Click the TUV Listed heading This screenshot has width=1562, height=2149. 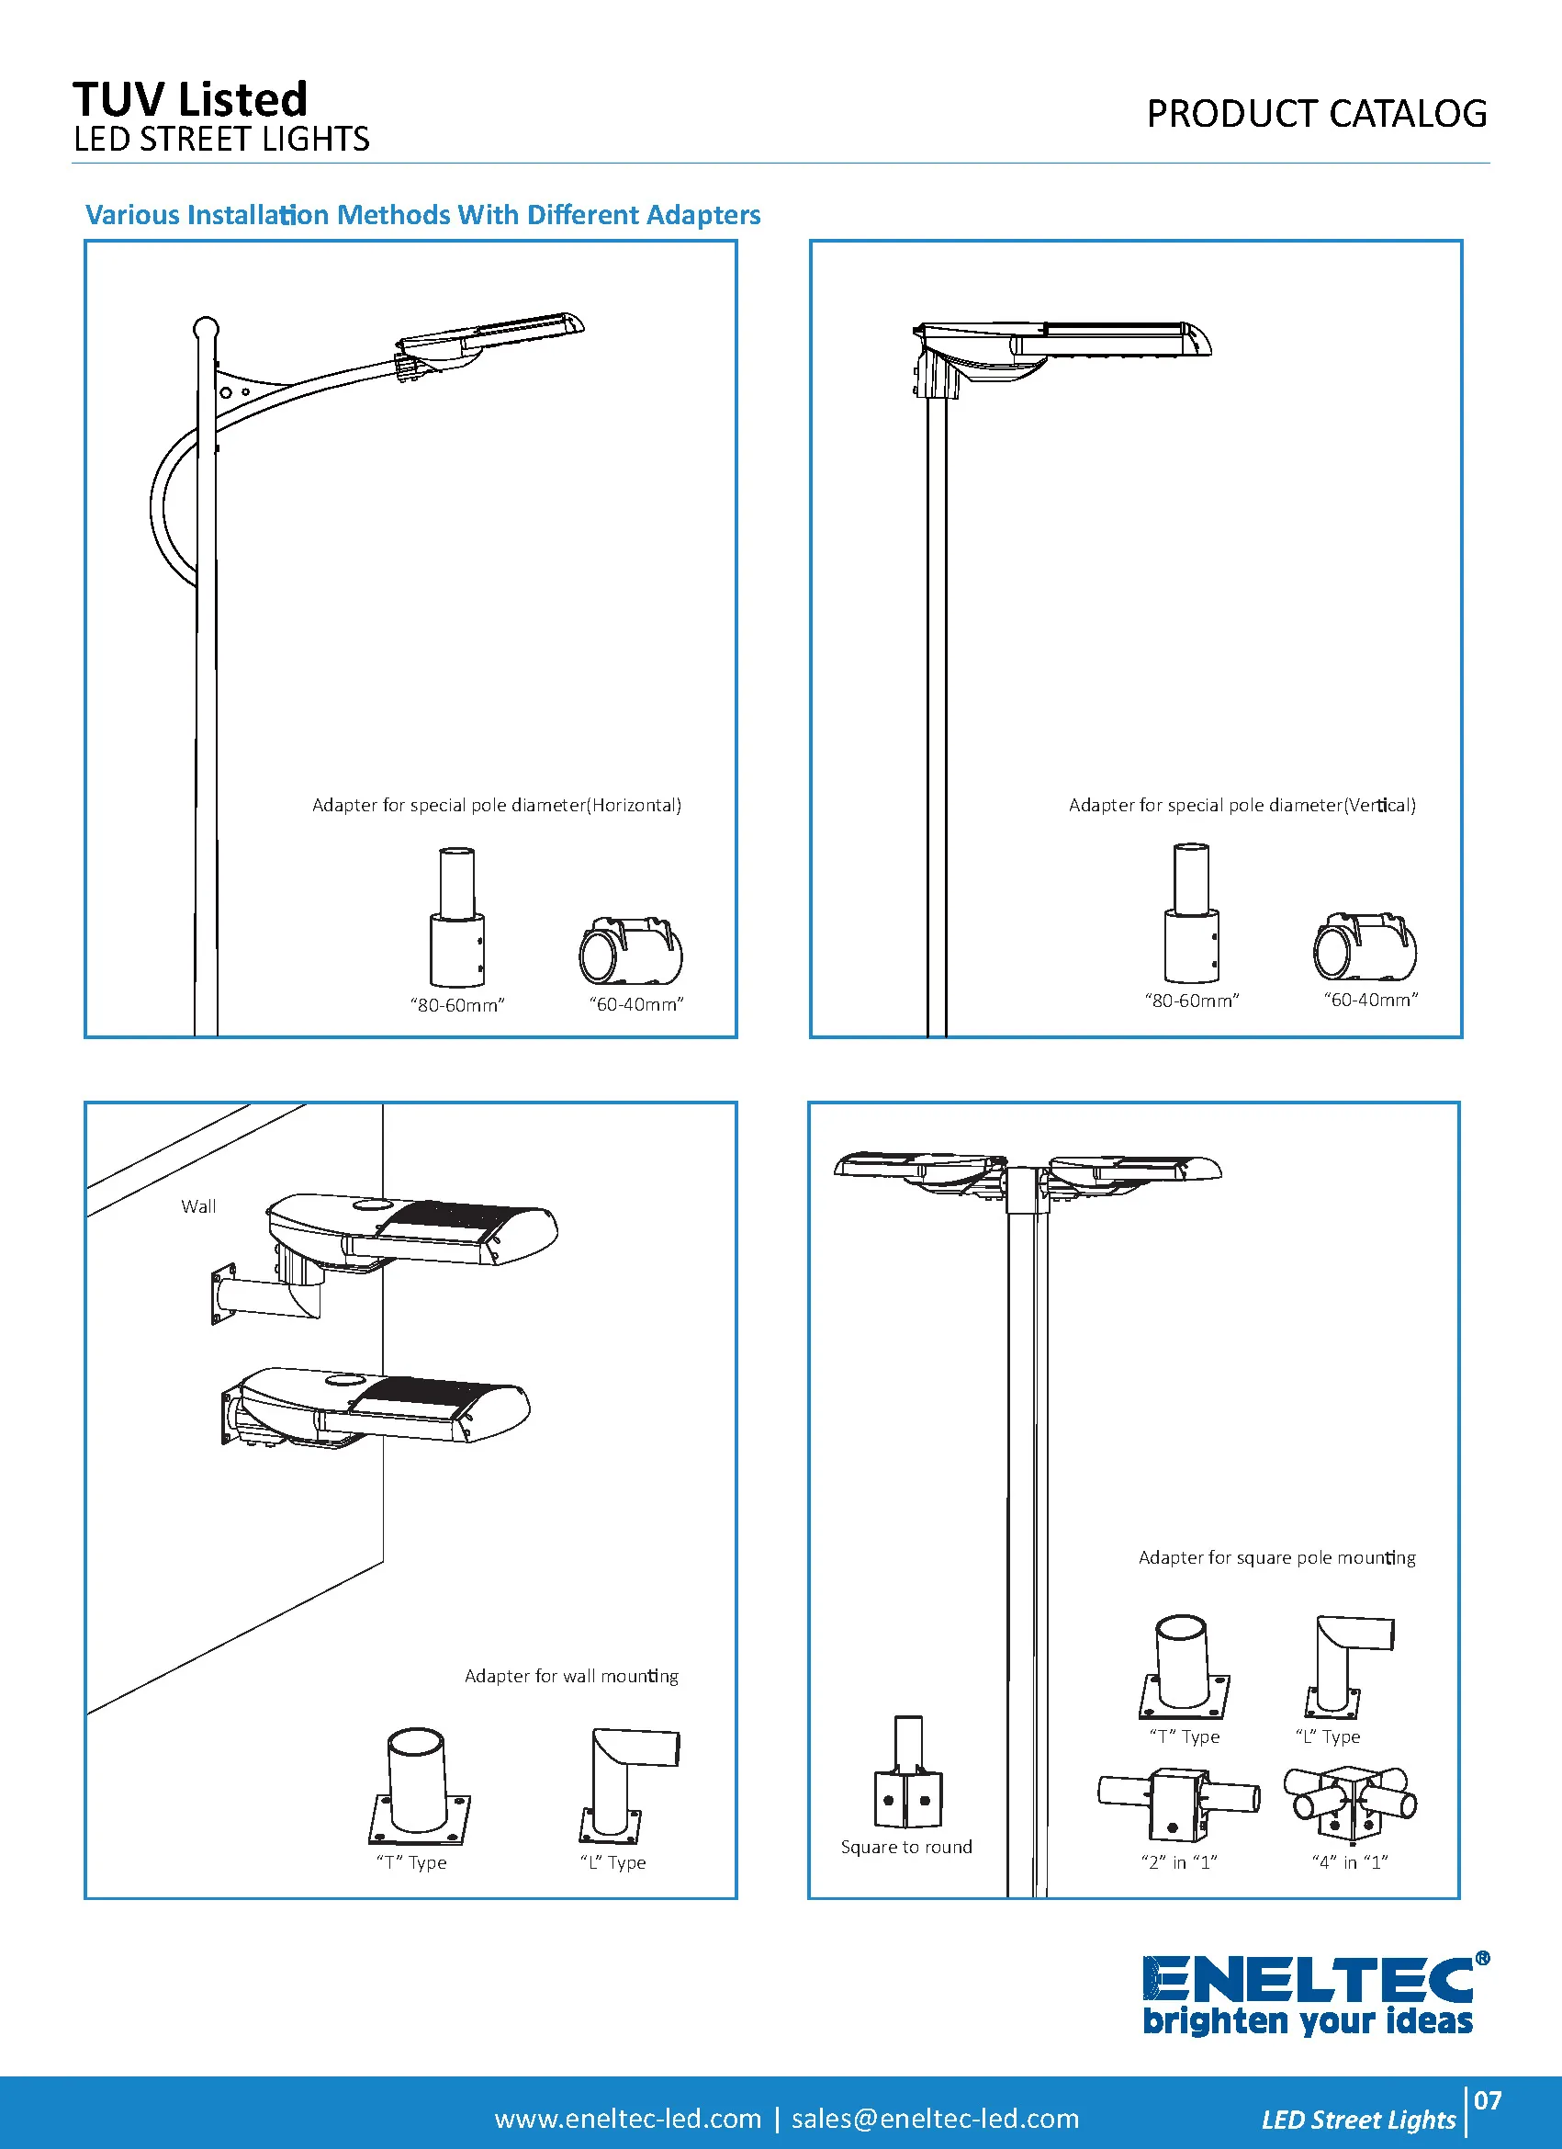click(x=190, y=98)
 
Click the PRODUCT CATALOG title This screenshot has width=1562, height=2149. click(x=1316, y=115)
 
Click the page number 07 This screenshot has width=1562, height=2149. click(x=1488, y=2100)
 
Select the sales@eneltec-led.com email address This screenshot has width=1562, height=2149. click(x=935, y=2119)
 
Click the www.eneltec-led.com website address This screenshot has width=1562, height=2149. click(x=627, y=2119)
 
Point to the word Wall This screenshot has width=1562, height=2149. click(x=199, y=1206)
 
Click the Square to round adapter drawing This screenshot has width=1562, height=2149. click(x=907, y=1773)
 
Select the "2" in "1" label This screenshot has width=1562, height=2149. click(x=1178, y=1862)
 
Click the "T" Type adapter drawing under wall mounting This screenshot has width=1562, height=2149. click(x=418, y=1785)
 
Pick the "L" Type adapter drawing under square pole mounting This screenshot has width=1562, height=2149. click(x=1345, y=1666)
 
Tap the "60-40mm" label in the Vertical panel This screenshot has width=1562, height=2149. click(x=1370, y=1000)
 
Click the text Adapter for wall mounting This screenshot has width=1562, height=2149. click(x=571, y=1676)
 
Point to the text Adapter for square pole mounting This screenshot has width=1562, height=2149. click(x=1275, y=1557)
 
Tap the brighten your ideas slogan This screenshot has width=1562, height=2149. click(x=1308, y=2021)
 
